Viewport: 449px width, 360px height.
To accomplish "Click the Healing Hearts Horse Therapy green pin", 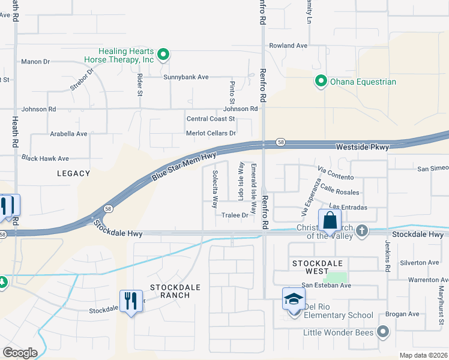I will (x=163, y=55).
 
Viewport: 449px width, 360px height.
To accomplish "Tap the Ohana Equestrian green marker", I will (x=321, y=81).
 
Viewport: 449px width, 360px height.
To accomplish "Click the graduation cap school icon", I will (x=294, y=299).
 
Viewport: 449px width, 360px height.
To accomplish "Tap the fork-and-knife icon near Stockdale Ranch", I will (x=131, y=301).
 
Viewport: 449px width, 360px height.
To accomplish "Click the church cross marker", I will (x=361, y=230).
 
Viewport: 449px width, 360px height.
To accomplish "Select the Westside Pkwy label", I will (x=362, y=147).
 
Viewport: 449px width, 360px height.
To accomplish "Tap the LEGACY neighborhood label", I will (x=73, y=173).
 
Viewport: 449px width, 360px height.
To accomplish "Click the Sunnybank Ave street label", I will (x=185, y=77).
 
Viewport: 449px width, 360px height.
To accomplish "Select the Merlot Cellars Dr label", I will (x=211, y=133).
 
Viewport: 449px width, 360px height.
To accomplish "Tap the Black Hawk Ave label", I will (x=45, y=158).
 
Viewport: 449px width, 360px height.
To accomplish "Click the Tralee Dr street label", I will (x=235, y=215).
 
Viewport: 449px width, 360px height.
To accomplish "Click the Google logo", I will (x=20, y=353).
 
